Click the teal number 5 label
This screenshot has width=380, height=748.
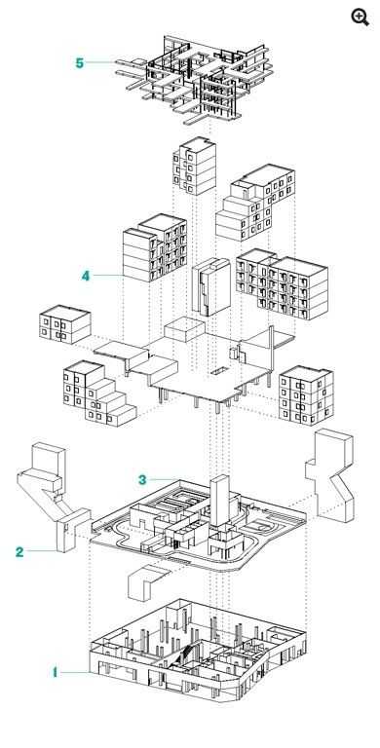79,63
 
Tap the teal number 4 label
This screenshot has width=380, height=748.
86,276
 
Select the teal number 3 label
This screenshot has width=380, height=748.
142,479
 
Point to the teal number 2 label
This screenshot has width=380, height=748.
19,552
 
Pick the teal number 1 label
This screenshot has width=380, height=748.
55,673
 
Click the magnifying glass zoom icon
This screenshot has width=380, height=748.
360,17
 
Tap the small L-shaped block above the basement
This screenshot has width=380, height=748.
147,581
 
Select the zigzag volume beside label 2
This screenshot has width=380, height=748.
52,496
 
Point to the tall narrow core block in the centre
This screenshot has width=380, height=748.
210,287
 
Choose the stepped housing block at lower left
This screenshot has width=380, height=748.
97,393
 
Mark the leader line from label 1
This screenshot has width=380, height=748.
75,673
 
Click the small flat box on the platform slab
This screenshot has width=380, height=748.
185,329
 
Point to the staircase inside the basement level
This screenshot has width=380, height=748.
189,653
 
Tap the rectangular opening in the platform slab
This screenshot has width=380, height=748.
219,370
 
